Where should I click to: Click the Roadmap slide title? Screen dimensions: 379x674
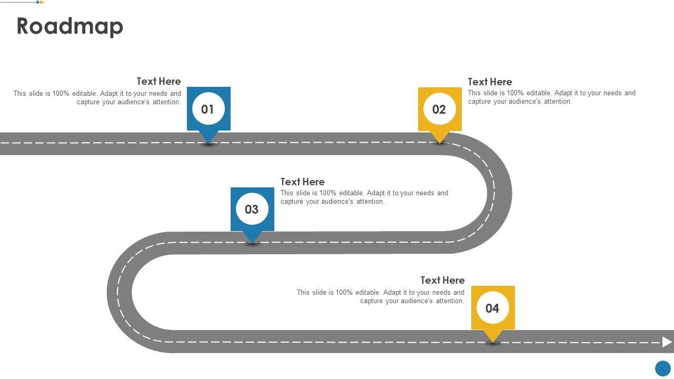coord(70,26)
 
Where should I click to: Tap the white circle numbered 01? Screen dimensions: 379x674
coord(209,109)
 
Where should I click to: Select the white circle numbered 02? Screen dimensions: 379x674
coord(440,109)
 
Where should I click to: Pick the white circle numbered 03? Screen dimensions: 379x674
coord(252,209)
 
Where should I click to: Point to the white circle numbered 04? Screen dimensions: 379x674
coord(493,308)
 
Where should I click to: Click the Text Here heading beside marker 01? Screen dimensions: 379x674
coord(158,82)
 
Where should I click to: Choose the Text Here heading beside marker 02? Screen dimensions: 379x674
coord(490,82)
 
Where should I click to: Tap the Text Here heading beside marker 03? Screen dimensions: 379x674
coord(302,182)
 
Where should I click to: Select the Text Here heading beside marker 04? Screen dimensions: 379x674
coord(442,280)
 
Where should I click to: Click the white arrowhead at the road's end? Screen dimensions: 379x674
coord(667,342)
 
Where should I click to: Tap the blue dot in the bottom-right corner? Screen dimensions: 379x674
coord(663,368)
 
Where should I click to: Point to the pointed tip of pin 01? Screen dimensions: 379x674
coord(209,142)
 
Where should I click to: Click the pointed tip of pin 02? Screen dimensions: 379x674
coord(440,142)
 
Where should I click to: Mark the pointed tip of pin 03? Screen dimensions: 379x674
coord(252,242)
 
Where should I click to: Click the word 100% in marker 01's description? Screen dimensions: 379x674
coord(61,94)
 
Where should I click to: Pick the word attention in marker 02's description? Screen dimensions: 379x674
coord(558,102)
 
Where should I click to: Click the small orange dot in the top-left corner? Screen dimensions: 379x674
coord(42,2)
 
